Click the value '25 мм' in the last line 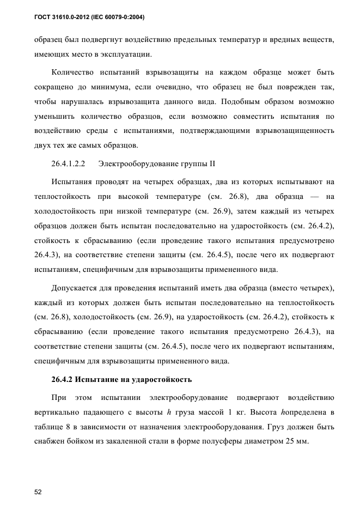[x=297, y=442]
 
